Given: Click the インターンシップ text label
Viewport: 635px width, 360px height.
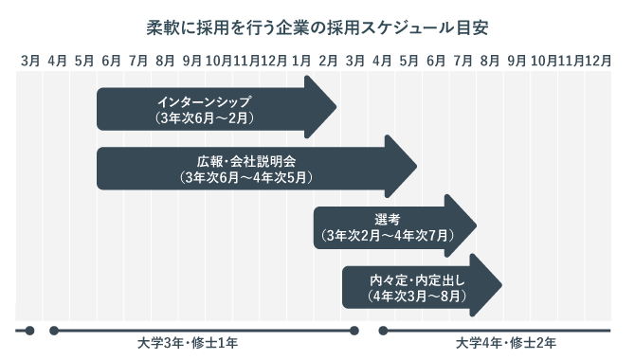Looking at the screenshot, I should pos(206,102).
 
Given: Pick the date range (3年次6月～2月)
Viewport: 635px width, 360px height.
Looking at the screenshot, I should pos(206,118).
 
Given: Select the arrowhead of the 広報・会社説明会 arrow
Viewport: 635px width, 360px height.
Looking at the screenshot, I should pos(417,165).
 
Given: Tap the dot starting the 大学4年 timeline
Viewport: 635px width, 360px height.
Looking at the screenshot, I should pos(383,331).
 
